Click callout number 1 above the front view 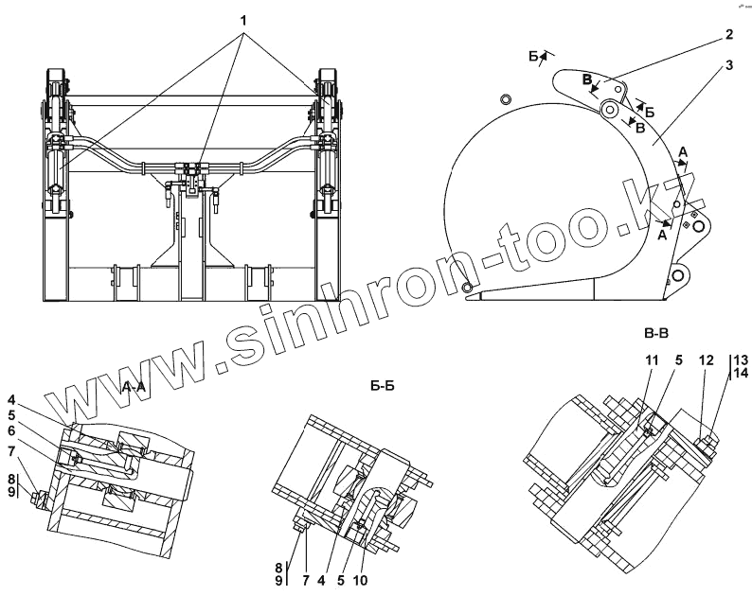click(x=245, y=20)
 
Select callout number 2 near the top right click(x=729, y=36)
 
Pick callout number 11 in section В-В click(x=652, y=360)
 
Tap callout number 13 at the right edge click(x=740, y=360)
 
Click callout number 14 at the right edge click(x=740, y=375)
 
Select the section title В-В click(x=657, y=333)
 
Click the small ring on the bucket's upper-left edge click(x=505, y=98)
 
